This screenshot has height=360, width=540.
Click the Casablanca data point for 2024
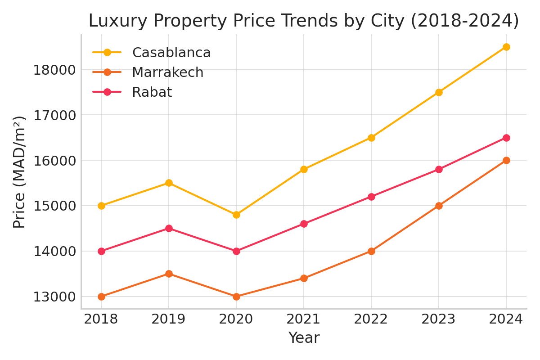pyautogui.click(x=506, y=47)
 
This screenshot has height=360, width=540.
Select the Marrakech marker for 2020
pyautogui.click(x=236, y=297)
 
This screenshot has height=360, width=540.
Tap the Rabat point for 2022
pyautogui.click(x=371, y=197)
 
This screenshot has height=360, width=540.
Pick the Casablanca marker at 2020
pyautogui.click(x=236, y=215)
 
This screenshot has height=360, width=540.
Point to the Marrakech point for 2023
pyautogui.click(x=439, y=206)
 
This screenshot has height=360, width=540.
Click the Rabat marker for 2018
pyautogui.click(x=101, y=251)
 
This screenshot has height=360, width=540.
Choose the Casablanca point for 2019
pyautogui.click(x=169, y=183)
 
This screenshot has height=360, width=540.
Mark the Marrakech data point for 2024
pyautogui.click(x=506, y=160)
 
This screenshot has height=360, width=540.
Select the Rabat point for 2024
pyautogui.click(x=506, y=138)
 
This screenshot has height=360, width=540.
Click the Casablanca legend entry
pyautogui.click(x=171, y=53)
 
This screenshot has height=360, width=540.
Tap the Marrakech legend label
pyautogui.click(x=167, y=72)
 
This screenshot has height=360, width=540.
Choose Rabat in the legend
pyautogui.click(x=152, y=92)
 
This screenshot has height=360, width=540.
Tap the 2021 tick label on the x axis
pyautogui.click(x=304, y=319)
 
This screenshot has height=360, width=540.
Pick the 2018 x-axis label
pyautogui.click(x=101, y=319)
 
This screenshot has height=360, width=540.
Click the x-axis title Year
pyautogui.click(x=304, y=338)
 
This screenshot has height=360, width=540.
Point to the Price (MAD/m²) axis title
pyautogui.click(x=19, y=172)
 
